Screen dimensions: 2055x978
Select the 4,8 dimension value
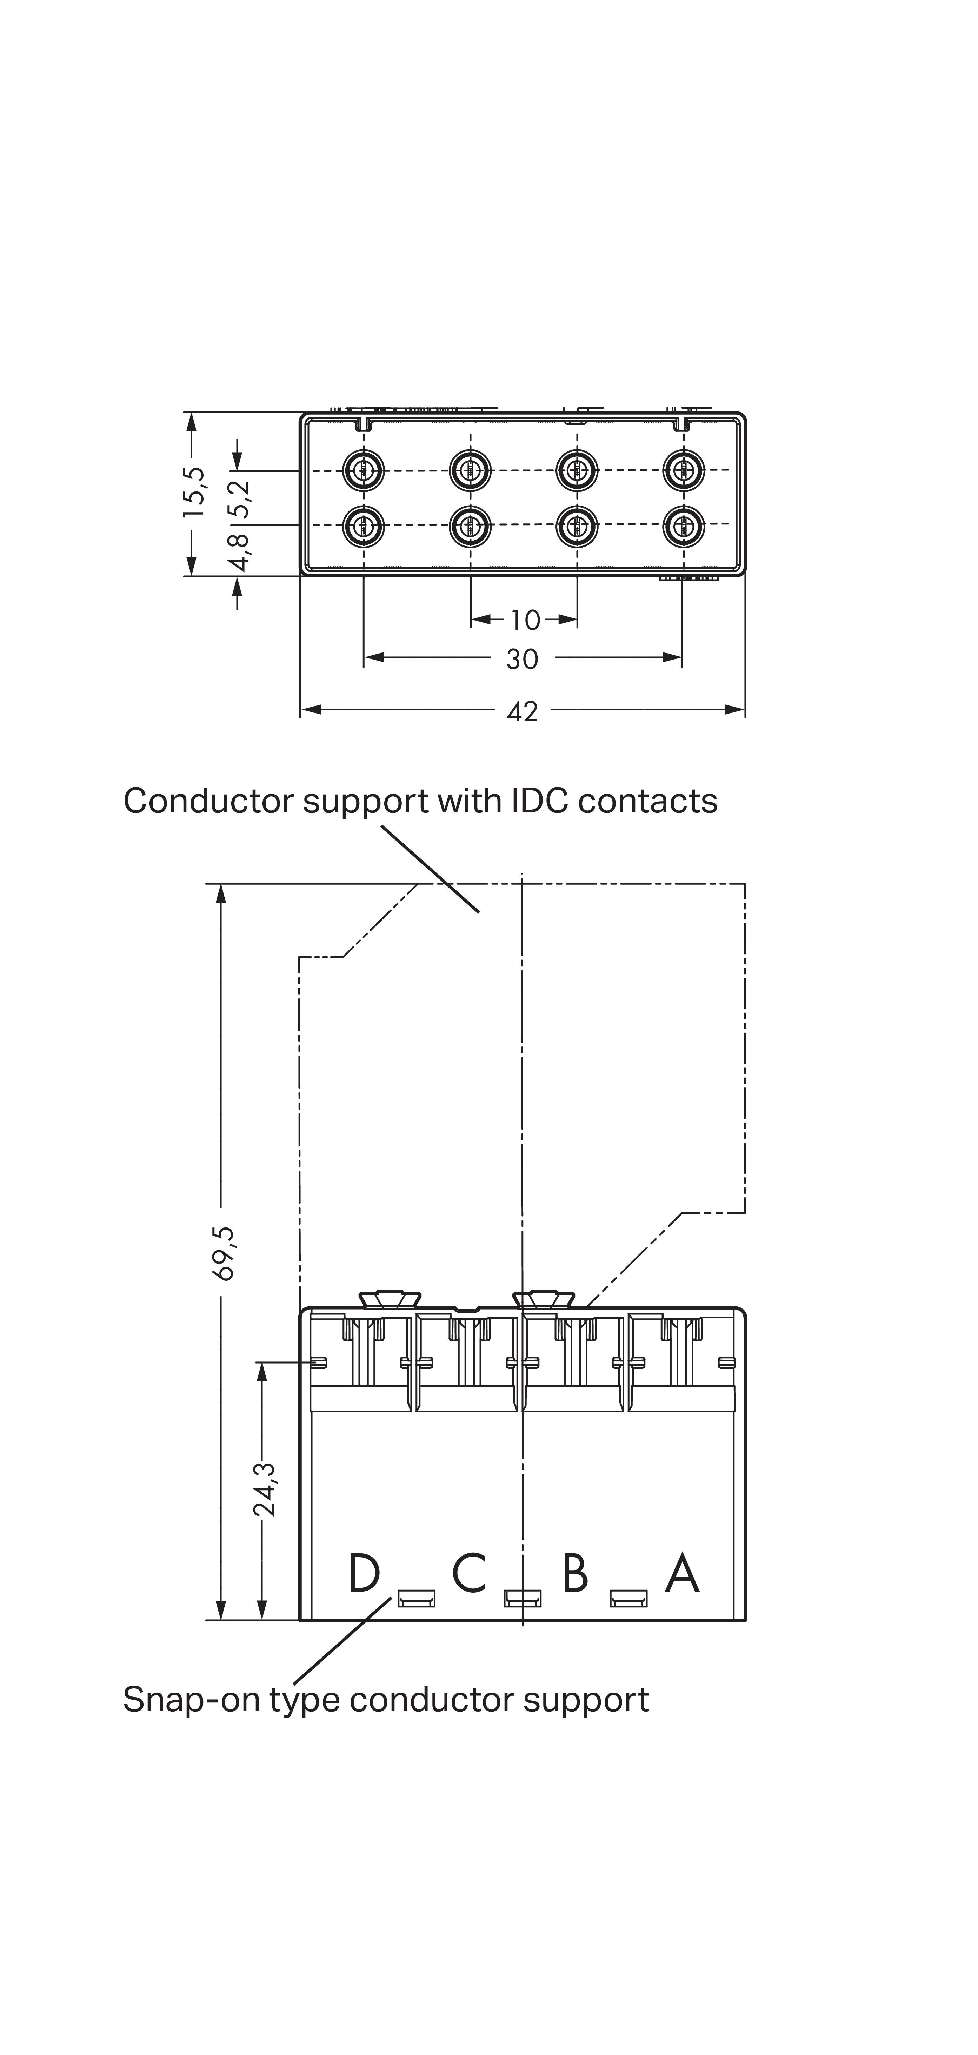[239, 552]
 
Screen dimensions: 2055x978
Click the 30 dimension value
[523, 659]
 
